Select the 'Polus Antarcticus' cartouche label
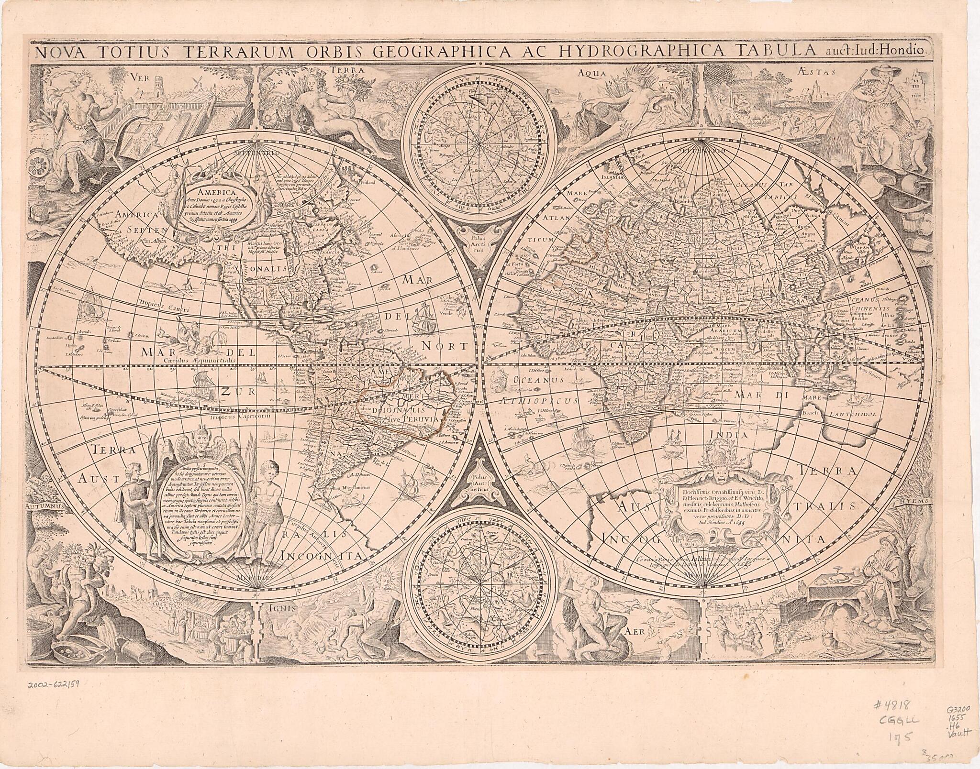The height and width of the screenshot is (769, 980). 480,488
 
